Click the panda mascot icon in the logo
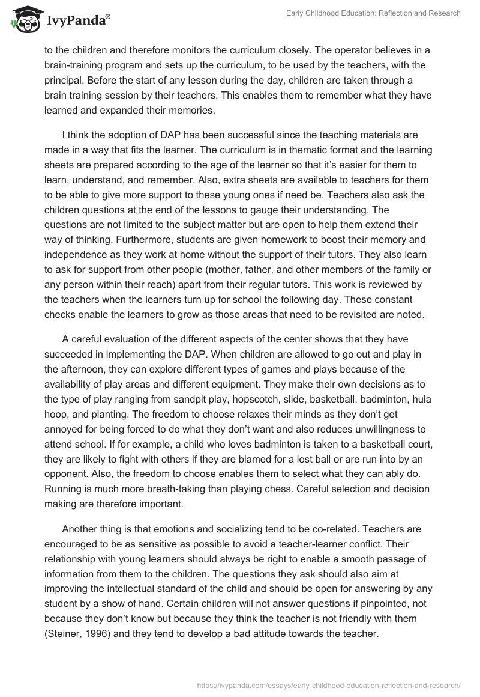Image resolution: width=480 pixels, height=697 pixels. coord(23,19)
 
